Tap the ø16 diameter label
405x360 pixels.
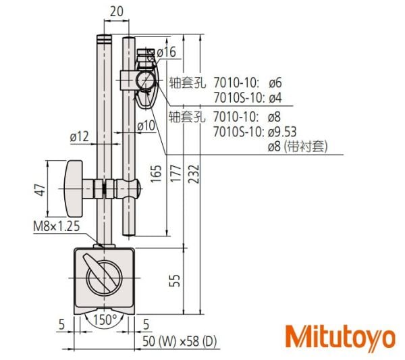tap(165, 52)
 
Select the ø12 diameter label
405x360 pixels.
tap(80, 136)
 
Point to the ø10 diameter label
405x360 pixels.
tap(146, 126)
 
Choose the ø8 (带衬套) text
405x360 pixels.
tap(297, 145)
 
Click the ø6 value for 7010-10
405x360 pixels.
tap(275, 82)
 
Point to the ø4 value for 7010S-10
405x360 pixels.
tap(275, 97)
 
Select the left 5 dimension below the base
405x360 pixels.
tap(62, 325)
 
